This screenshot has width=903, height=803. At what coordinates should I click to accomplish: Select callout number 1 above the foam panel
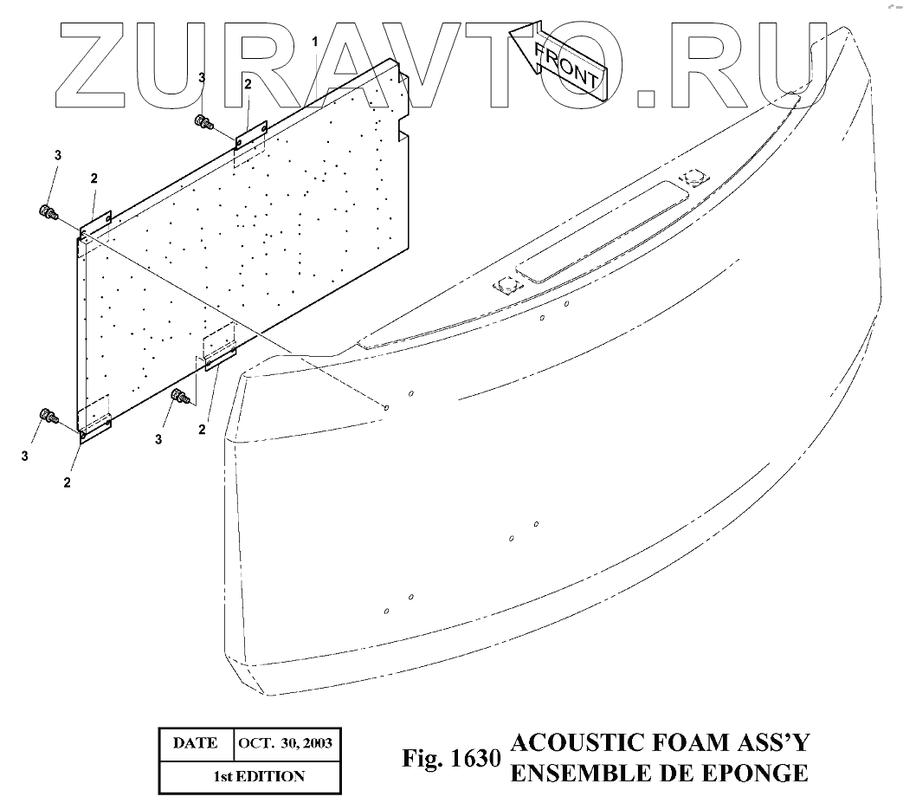click(315, 42)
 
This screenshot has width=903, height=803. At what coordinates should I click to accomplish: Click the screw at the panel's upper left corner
click(48, 211)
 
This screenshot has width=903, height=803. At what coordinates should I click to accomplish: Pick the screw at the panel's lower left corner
click(48, 417)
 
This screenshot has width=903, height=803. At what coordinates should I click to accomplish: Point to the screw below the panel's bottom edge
click(180, 398)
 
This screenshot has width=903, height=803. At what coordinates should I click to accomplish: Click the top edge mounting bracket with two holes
click(250, 133)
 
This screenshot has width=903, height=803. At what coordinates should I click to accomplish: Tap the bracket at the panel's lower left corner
click(94, 429)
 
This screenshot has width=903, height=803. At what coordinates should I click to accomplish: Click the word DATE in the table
click(195, 743)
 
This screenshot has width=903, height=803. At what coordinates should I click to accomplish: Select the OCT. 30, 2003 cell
click(283, 743)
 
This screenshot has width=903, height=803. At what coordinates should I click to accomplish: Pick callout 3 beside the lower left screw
click(25, 455)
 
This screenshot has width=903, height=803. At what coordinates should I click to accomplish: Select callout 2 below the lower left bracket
click(67, 482)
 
